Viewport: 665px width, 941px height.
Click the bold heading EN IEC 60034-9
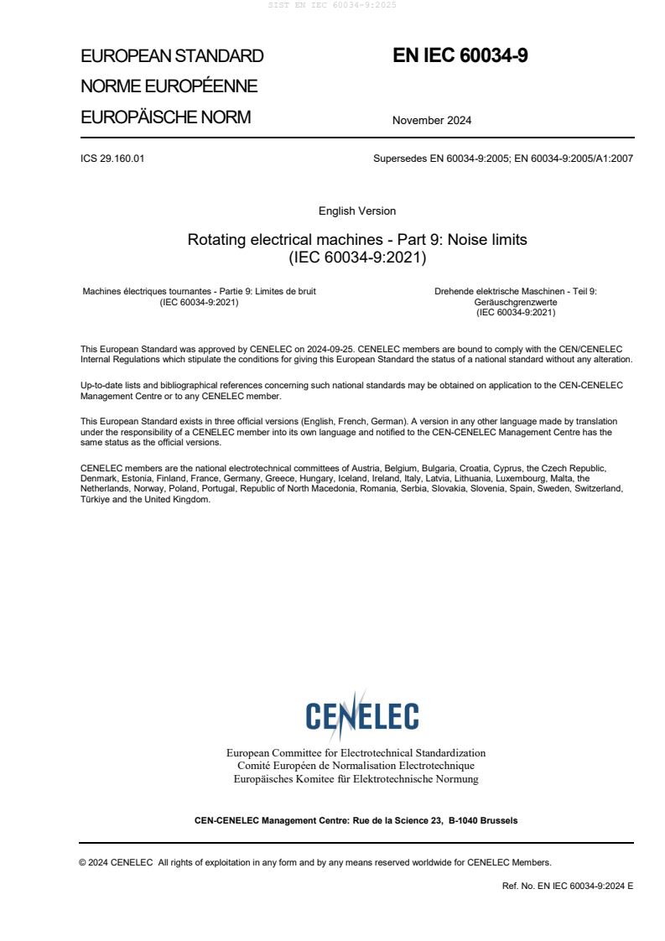tap(460, 56)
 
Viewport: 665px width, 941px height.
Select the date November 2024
tap(431, 120)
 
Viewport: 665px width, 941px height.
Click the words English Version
tap(357, 211)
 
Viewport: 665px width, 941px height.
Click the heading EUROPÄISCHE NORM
tap(165, 117)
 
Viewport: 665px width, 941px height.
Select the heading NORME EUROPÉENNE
tap(169, 86)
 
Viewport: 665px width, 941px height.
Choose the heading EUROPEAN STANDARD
tap(172, 56)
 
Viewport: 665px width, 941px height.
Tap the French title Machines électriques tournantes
tap(146, 291)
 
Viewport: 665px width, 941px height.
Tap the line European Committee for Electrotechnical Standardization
tap(356, 752)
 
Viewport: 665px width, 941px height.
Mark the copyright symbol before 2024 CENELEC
tap(83, 862)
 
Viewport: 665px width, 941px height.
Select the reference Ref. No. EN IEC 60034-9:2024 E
tap(567, 885)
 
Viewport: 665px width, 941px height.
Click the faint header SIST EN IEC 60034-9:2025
tap(332, 5)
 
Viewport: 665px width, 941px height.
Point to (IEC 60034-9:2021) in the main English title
tap(357, 257)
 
